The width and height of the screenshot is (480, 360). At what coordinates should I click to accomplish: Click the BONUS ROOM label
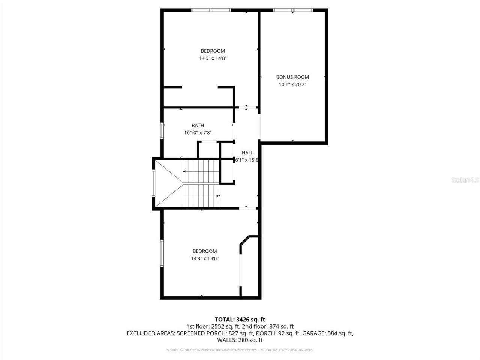(x=292, y=77)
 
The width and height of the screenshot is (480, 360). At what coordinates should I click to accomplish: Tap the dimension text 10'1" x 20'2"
(x=292, y=85)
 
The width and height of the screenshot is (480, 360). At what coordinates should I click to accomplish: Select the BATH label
(x=198, y=126)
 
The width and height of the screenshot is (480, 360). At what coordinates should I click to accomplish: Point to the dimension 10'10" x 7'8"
(x=198, y=133)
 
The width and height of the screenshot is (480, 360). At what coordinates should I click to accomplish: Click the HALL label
(x=247, y=153)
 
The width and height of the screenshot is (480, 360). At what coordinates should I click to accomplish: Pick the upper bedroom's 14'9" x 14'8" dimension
(x=213, y=58)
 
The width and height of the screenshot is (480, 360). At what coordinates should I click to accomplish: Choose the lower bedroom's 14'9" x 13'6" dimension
(x=205, y=258)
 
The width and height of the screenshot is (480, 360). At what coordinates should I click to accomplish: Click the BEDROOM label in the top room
(x=213, y=51)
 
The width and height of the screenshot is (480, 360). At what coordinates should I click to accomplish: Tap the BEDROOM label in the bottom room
(x=205, y=251)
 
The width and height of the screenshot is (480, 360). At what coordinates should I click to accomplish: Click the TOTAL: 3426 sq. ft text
(x=240, y=319)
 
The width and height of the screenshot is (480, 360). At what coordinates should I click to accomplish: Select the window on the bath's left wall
(x=162, y=131)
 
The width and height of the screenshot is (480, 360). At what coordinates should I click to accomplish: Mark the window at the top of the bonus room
(x=293, y=10)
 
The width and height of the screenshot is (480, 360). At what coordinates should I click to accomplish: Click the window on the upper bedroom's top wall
(x=211, y=10)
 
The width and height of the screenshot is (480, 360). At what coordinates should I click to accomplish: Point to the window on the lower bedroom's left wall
(x=162, y=253)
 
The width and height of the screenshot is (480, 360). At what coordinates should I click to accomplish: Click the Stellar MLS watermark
(x=465, y=180)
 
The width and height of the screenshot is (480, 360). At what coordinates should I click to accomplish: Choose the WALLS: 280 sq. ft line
(x=240, y=340)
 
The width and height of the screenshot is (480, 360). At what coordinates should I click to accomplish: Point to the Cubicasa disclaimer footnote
(x=240, y=350)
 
